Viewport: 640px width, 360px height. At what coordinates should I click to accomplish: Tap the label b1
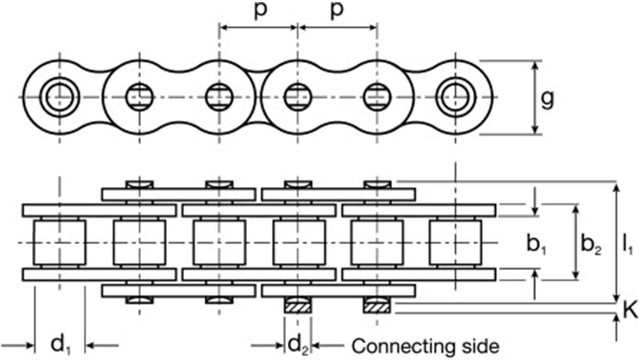536,244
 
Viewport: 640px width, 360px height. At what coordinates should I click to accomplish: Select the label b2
591,244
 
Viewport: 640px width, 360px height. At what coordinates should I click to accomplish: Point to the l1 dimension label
627,244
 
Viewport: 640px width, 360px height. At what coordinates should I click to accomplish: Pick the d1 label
61,345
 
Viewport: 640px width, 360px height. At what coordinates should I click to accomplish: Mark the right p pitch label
337,10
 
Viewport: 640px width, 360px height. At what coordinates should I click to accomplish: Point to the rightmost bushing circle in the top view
456,97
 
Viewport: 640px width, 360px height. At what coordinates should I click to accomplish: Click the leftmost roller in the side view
59,242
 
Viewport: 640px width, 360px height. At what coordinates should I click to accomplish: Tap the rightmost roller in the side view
456,242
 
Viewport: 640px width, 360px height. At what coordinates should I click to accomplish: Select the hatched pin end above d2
298,306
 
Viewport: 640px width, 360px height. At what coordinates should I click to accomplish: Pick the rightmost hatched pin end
377,306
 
